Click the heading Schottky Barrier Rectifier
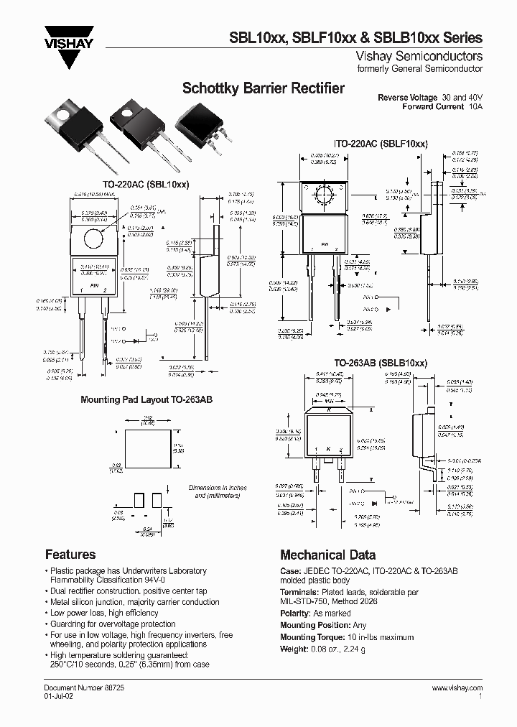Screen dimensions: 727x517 264,89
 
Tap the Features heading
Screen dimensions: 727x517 70,555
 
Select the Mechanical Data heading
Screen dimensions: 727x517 327,555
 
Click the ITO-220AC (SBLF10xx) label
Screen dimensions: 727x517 381,144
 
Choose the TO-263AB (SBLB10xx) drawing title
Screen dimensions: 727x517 381,363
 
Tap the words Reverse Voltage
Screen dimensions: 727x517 407,98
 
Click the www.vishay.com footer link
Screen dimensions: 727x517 457,688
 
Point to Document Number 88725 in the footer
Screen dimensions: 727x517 80,688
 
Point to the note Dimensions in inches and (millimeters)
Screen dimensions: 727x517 218,491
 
